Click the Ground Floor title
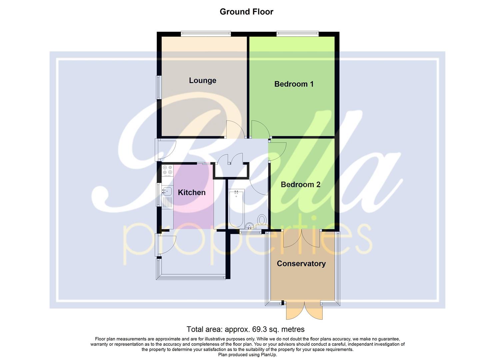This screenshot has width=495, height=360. click(246, 12)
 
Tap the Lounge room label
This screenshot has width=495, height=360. click(202, 80)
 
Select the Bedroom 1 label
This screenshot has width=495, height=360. click(294, 84)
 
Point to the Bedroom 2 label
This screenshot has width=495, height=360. click(300, 185)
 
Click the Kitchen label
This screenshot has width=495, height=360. click(192, 192)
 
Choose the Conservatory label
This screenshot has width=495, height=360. click(301, 264)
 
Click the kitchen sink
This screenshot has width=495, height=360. click(167, 191)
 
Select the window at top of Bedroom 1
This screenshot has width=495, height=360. click(297, 33)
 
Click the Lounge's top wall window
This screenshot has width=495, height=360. click(206, 33)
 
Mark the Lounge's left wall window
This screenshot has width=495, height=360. click(159, 87)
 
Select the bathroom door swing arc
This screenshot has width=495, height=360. click(258, 187)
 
